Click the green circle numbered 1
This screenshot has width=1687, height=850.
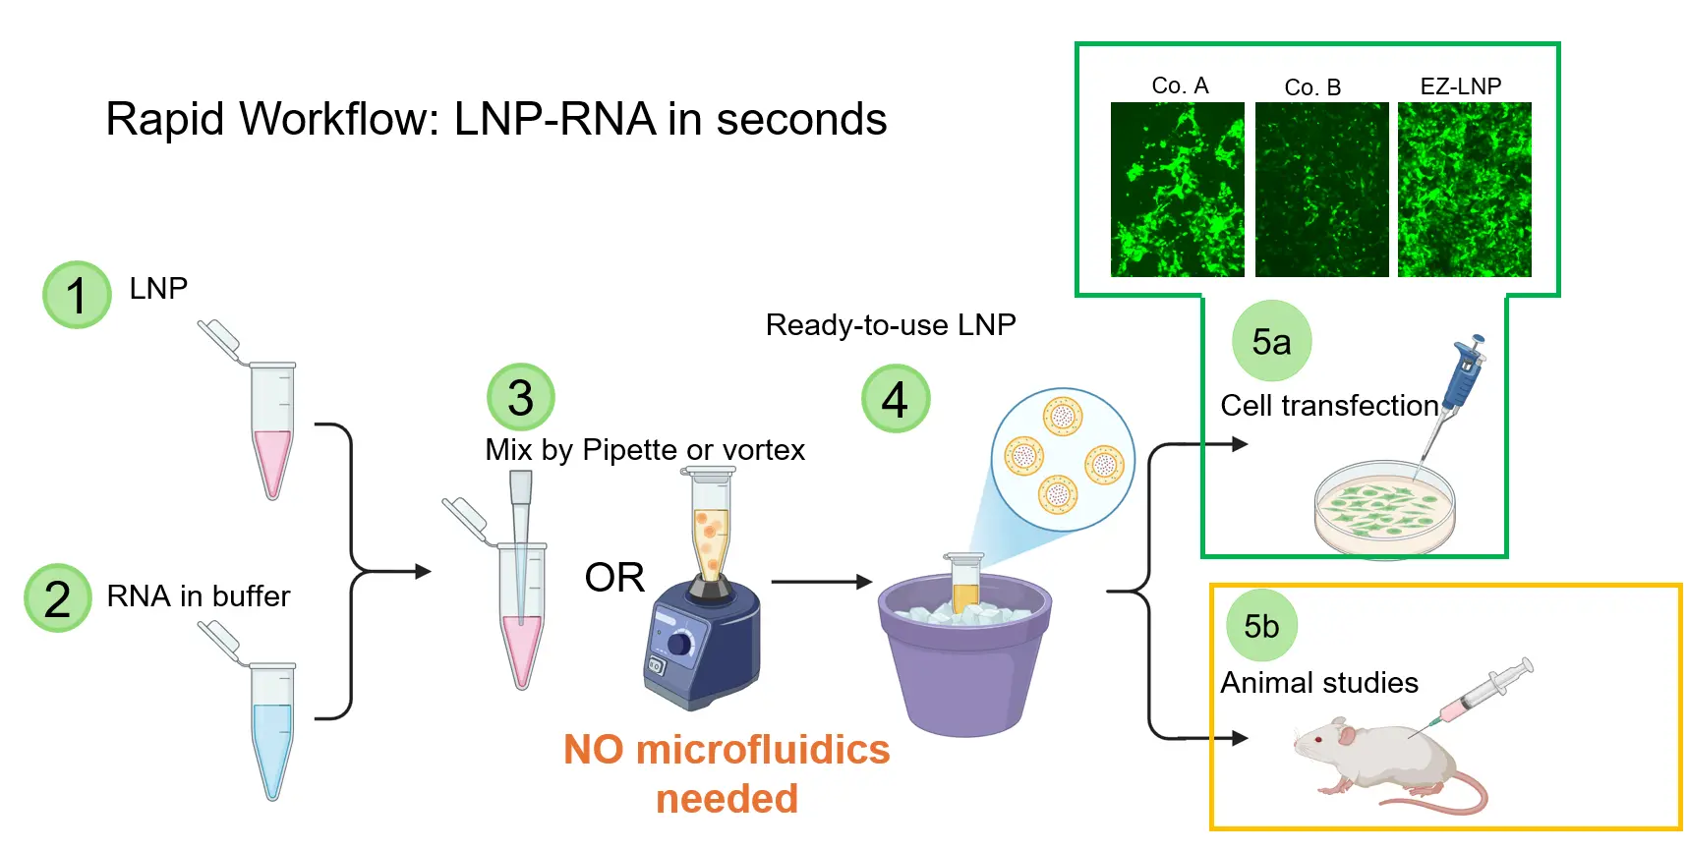pos(77,295)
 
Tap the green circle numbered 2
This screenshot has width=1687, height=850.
pos(58,597)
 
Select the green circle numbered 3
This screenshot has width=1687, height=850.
pos(521,397)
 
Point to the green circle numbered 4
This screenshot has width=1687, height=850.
pos(895,398)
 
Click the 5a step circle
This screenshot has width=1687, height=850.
pos(1271,341)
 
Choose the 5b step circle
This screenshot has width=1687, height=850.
pos(1261,626)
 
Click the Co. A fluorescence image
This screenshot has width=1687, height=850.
pos(1177,190)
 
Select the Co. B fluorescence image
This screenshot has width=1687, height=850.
pos(1321,190)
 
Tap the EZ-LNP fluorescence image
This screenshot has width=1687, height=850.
pos(1464,190)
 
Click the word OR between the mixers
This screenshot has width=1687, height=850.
pos(614,578)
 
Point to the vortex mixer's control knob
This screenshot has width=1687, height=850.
pos(679,644)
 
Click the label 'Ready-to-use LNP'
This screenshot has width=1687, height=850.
pos(891,325)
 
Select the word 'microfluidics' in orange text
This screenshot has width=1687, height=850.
pos(762,750)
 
